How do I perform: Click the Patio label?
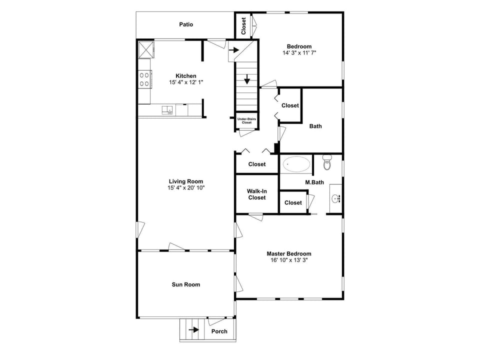(186, 24)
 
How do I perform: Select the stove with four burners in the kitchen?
(144, 79)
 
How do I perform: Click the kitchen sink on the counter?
(166, 109)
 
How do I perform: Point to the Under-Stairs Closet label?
(246, 120)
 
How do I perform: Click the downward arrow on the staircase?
(247, 80)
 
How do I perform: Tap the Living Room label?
(186, 181)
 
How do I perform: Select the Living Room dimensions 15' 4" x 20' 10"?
(186, 188)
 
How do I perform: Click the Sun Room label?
(186, 284)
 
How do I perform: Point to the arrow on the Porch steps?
(193, 330)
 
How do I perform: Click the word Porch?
(219, 331)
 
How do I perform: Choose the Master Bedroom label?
(288, 253)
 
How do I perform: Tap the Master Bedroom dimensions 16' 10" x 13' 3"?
(288, 260)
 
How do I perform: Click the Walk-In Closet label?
(256, 194)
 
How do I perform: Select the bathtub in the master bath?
(296, 164)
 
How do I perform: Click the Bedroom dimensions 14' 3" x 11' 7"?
(299, 53)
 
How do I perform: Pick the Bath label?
(315, 126)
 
